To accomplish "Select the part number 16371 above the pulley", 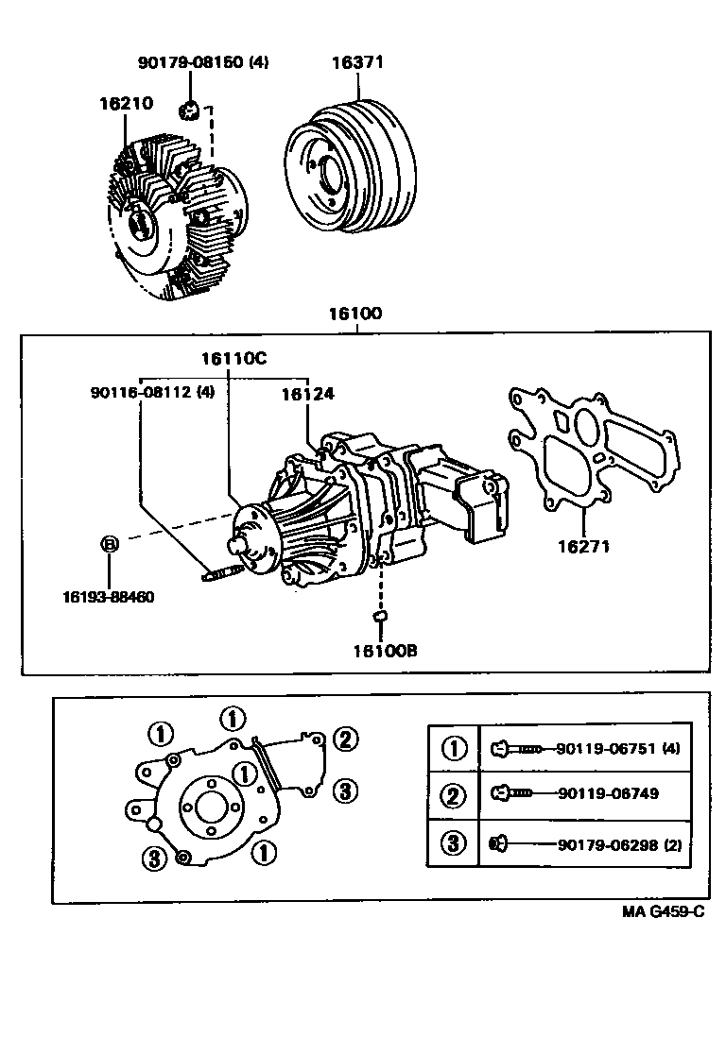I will [357, 63].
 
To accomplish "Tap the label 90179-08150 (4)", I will [203, 63].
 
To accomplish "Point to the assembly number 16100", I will [355, 313].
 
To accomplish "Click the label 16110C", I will [233, 358].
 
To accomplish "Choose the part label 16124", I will [307, 394].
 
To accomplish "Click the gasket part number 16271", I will [582, 545].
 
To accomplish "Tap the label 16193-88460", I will [109, 597].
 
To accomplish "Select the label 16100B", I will [385, 651].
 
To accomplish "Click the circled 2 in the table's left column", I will [455, 795].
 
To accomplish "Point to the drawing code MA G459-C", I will [663, 912].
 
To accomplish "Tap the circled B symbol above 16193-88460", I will [110, 544].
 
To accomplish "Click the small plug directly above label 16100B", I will [380, 616].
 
